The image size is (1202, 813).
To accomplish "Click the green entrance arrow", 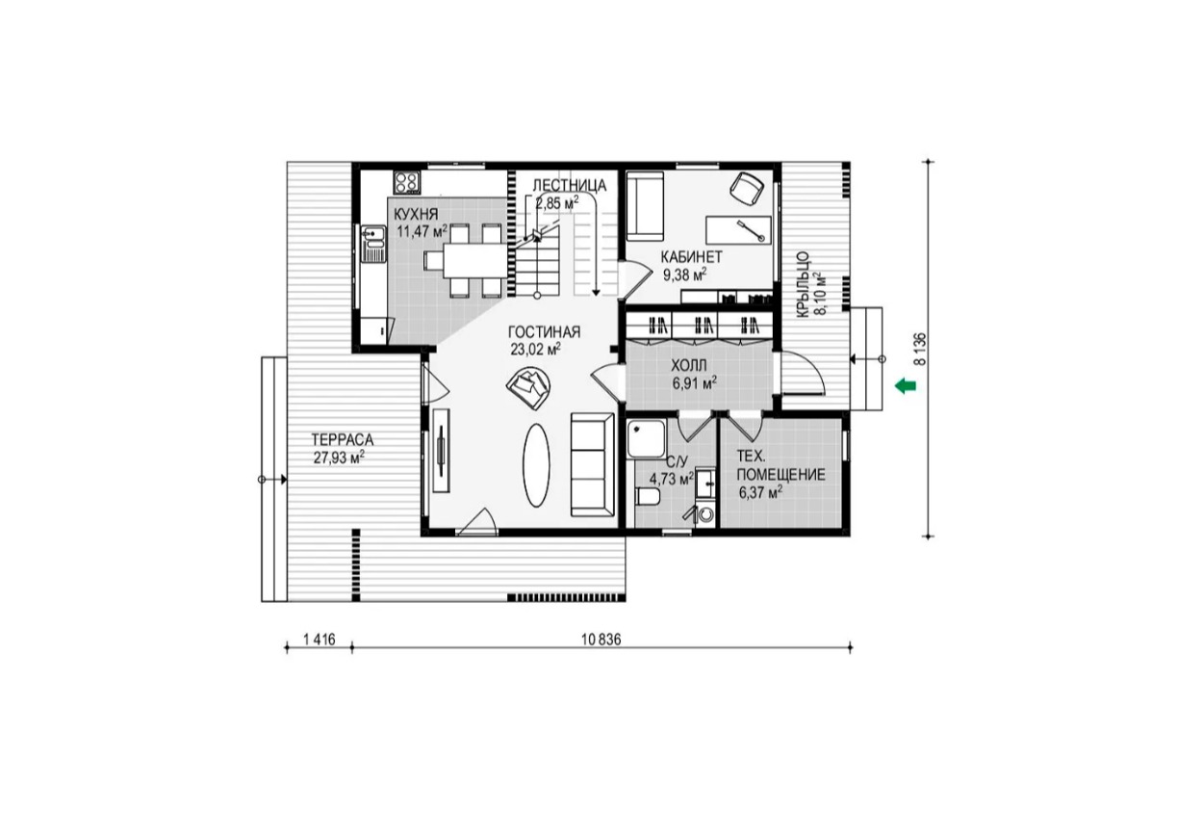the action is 906,385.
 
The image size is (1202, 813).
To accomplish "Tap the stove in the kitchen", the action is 407,182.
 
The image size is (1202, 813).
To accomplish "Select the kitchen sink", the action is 373,244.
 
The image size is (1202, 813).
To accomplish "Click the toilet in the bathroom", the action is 648,496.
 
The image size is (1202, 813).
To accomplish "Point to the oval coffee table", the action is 536,465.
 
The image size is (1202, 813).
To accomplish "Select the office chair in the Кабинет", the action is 747,188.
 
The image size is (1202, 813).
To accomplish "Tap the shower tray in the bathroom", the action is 647,438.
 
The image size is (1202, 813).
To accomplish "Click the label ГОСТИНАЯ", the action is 544,332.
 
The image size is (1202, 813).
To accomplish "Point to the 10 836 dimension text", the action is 601,640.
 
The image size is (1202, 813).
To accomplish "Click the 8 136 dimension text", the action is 920,350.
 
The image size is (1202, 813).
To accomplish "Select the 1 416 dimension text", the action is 320,640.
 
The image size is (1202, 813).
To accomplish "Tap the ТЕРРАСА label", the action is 343,440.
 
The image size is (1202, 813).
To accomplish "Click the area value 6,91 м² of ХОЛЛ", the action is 695,383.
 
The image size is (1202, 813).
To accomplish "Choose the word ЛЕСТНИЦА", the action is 570,185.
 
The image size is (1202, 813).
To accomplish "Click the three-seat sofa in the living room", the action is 593,465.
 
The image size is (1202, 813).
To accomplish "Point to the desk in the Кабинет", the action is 738,230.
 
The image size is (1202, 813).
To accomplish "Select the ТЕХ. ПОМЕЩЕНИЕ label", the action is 780,465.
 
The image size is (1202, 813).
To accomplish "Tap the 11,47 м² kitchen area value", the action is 422,231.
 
